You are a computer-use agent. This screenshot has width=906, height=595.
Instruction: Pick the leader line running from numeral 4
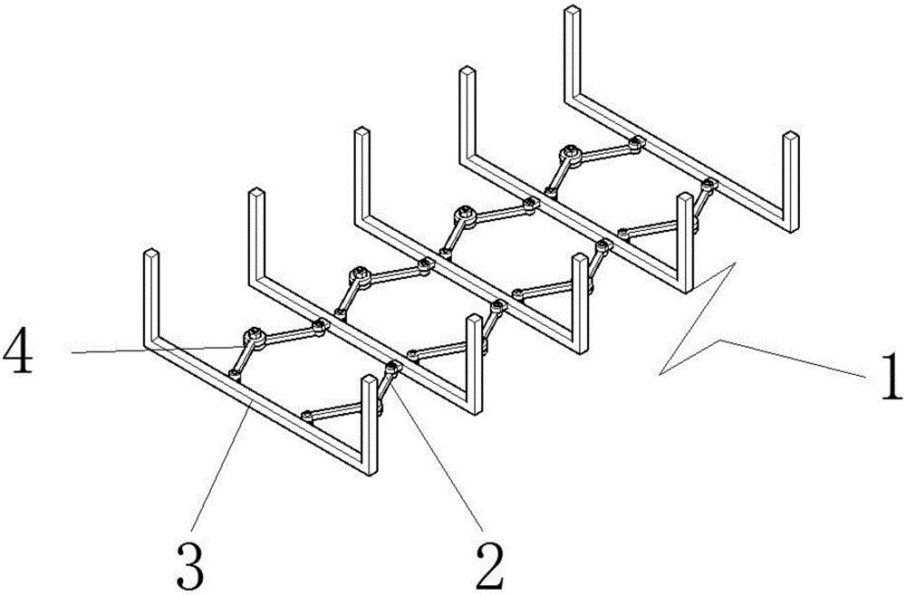tap(157, 349)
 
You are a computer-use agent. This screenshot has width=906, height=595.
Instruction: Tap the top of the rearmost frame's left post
tap(572, 9)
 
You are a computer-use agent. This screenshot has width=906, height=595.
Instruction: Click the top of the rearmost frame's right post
tap(790, 137)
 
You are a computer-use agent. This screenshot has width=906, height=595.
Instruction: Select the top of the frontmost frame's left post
tap(150, 254)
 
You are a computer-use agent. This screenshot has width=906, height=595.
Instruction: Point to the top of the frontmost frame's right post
tap(369, 380)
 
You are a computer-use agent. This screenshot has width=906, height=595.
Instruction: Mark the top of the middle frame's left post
tap(361, 131)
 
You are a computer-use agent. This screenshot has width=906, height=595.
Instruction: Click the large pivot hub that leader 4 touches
tap(254, 337)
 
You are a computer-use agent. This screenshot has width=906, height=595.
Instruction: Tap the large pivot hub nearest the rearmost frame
tap(571, 155)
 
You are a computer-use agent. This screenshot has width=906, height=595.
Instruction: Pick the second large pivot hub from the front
tap(360, 276)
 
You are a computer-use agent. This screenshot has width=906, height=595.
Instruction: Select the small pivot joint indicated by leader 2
tap(394, 367)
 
